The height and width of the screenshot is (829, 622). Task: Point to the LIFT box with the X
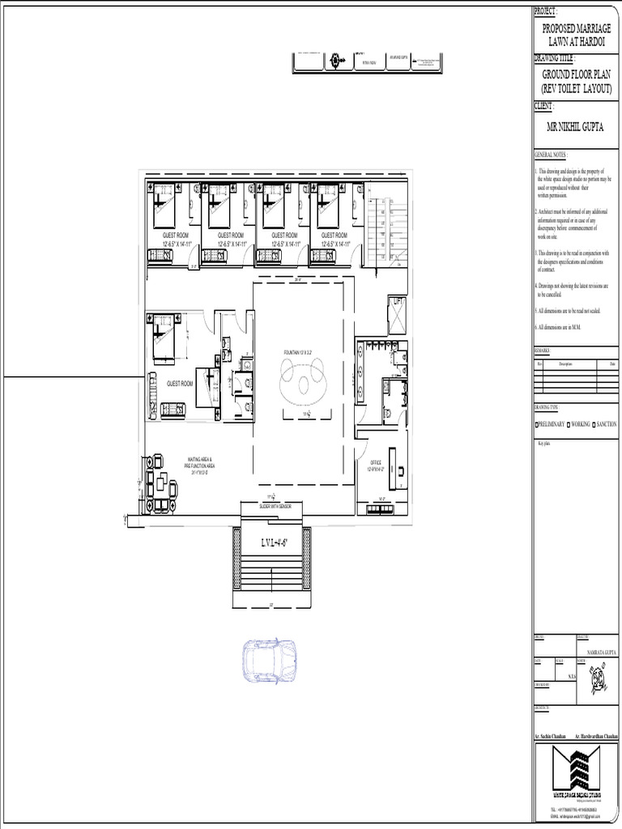click(x=397, y=315)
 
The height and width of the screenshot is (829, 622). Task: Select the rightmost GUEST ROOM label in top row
click(x=334, y=235)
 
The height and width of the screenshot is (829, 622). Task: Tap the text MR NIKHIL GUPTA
click(x=576, y=127)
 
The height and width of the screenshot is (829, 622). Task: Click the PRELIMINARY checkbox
click(x=537, y=424)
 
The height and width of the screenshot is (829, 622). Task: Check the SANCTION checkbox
click(x=594, y=424)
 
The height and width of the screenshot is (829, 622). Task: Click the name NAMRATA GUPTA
click(x=595, y=650)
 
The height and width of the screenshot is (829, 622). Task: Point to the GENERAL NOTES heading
click(x=552, y=154)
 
